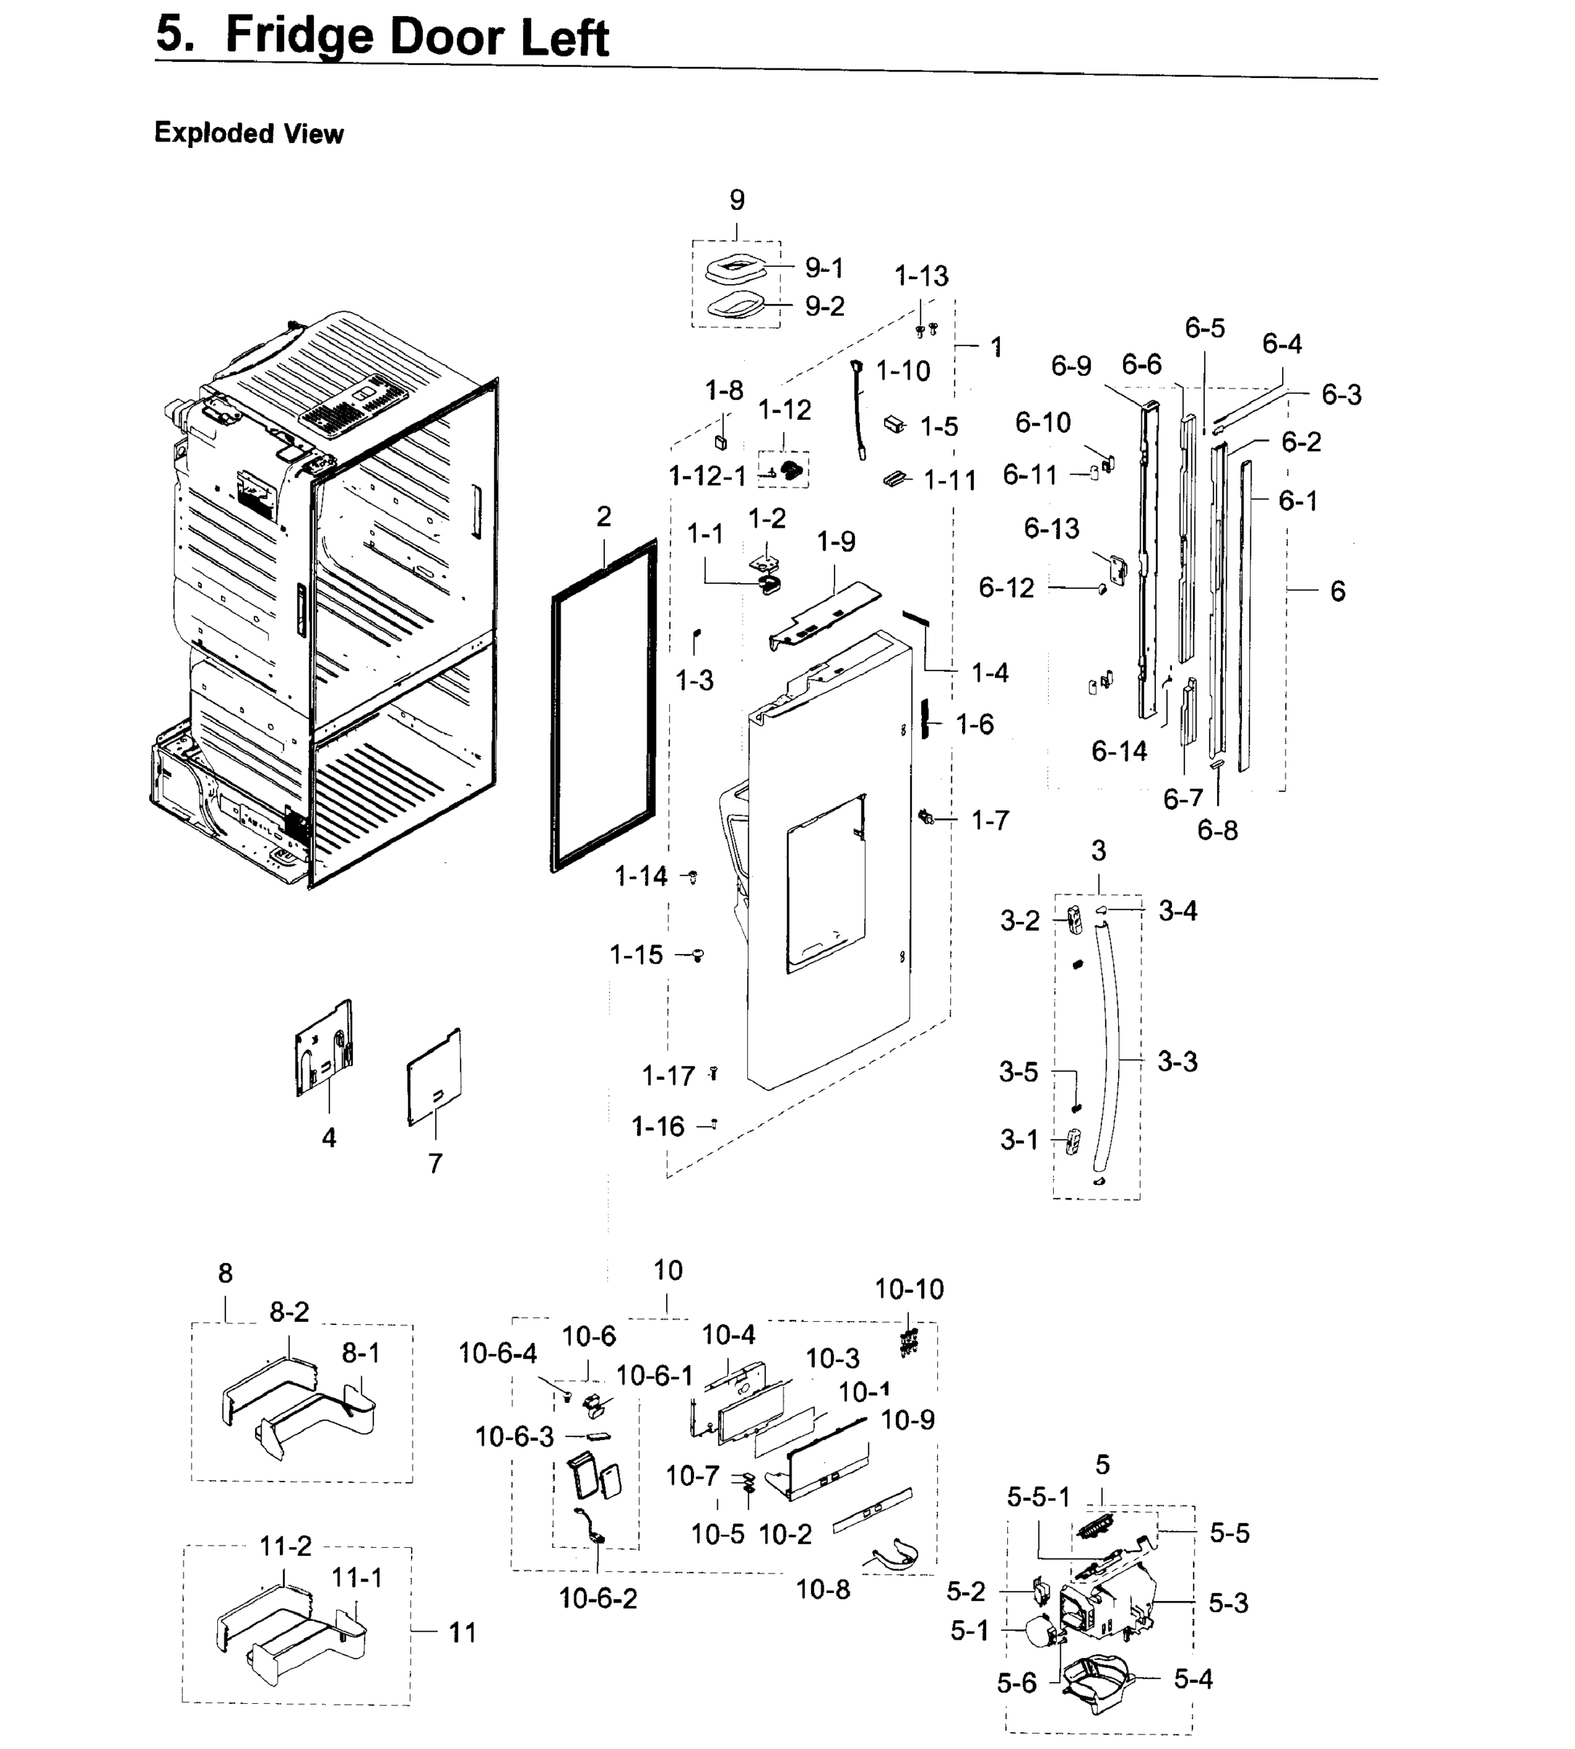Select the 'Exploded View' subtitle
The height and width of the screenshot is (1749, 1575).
(x=249, y=133)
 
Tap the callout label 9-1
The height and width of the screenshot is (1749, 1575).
(x=824, y=268)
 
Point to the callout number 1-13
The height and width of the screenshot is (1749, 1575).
(x=921, y=277)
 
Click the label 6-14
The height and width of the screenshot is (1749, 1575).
(x=1119, y=751)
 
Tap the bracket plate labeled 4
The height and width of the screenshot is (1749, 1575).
(x=324, y=1049)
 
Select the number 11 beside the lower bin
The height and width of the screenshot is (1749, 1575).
(x=462, y=1632)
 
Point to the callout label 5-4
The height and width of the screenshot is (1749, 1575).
(x=1192, y=1678)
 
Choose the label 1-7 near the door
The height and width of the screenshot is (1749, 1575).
(x=990, y=820)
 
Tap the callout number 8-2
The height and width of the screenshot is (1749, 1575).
(x=289, y=1311)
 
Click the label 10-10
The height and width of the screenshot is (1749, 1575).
(x=909, y=1288)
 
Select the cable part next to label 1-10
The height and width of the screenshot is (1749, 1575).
(x=859, y=411)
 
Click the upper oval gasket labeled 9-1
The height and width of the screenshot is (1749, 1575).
(x=735, y=267)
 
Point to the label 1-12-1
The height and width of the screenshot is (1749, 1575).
(x=707, y=475)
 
